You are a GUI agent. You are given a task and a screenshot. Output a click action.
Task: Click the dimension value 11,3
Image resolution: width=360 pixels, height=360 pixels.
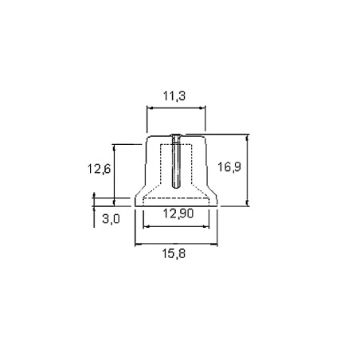tap(176, 96)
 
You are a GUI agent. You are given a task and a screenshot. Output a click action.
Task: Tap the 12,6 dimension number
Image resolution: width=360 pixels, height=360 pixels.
tap(99, 168)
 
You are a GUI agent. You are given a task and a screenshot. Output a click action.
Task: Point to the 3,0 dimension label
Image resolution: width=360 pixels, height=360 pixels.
tap(111, 219)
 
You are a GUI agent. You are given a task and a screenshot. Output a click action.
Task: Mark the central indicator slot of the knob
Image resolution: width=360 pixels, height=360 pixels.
tap(176, 163)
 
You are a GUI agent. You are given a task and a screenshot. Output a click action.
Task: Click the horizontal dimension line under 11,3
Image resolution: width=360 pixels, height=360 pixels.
tap(176, 109)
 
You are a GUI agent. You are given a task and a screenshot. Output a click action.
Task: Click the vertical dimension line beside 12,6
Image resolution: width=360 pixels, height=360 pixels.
tap(115, 171)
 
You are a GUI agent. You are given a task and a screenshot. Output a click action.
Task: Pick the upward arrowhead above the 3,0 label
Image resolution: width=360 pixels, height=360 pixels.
tap(96, 196)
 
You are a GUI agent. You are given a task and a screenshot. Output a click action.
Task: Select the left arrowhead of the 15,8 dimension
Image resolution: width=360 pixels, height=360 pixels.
tap(136, 245)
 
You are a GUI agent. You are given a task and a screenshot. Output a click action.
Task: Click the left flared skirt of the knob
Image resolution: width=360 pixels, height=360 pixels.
tap(139, 198)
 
